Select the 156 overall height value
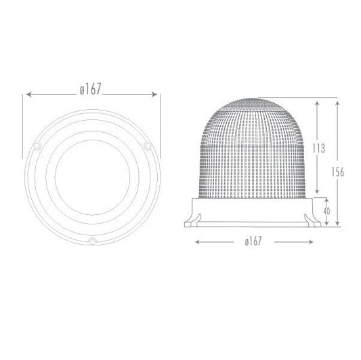339,172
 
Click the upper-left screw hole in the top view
38,146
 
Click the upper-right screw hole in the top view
146,146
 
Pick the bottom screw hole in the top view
92,241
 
